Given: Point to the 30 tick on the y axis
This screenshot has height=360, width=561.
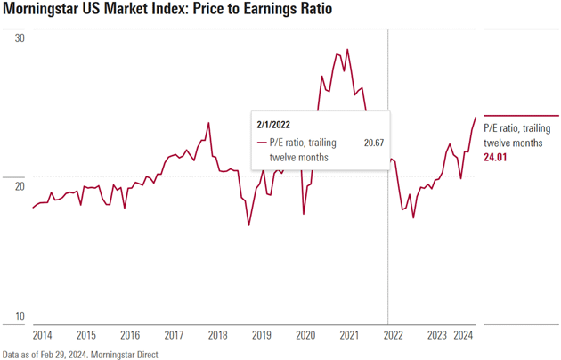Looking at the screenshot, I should tap(20, 39).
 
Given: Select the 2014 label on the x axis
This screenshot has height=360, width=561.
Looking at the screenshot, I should tap(43, 336).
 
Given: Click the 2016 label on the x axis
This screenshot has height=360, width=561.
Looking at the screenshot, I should tap(130, 336).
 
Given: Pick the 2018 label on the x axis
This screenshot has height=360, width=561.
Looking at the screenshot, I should tap(217, 336).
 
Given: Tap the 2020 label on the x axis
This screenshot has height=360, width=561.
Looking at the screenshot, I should tap(305, 336).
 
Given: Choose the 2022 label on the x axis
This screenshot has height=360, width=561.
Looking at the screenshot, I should tap(393, 336).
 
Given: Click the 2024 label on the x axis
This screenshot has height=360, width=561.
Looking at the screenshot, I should tap(463, 336).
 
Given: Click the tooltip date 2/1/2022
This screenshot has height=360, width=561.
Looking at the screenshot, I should tap(273, 125).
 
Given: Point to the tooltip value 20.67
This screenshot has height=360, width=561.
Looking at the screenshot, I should tap(374, 142).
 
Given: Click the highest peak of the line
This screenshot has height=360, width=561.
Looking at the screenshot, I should tap(347, 50).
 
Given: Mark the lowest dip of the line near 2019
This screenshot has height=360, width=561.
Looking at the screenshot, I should tap(248, 225).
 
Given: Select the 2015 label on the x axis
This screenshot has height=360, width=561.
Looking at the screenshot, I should tap(86, 336).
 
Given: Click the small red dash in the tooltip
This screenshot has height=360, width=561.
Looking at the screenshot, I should tap(260, 142).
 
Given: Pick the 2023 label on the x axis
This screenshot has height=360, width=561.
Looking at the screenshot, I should tap(436, 336).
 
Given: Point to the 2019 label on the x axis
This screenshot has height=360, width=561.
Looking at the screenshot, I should tap(261, 336).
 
